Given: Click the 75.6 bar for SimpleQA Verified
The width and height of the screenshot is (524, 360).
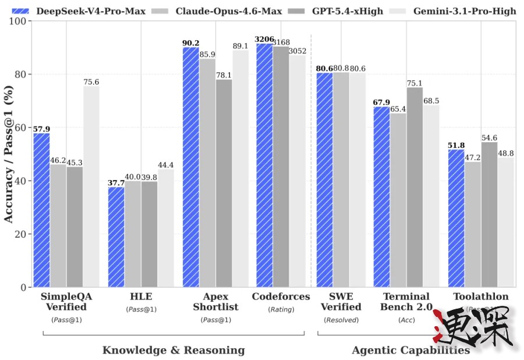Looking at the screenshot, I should pyautogui.click(x=91, y=186).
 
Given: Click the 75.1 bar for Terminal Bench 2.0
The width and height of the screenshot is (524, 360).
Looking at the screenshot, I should pyautogui.click(x=415, y=187).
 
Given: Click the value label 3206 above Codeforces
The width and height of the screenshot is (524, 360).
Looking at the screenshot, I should pyautogui.click(x=264, y=39).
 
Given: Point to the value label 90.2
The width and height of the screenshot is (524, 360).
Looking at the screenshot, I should pyautogui.click(x=191, y=43).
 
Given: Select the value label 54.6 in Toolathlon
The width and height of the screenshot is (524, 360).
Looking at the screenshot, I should pyautogui.click(x=489, y=137).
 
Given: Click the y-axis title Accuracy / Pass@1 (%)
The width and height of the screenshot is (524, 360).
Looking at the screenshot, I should pyautogui.click(x=9, y=154).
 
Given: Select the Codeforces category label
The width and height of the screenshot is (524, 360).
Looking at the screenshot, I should pyautogui.click(x=281, y=297).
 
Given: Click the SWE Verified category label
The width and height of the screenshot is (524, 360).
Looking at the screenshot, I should pyautogui.click(x=341, y=302).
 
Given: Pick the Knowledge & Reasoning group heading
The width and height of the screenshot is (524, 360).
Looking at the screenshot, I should pyautogui.click(x=174, y=350).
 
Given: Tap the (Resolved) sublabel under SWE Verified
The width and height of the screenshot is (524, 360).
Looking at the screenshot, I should pyautogui.click(x=341, y=320).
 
